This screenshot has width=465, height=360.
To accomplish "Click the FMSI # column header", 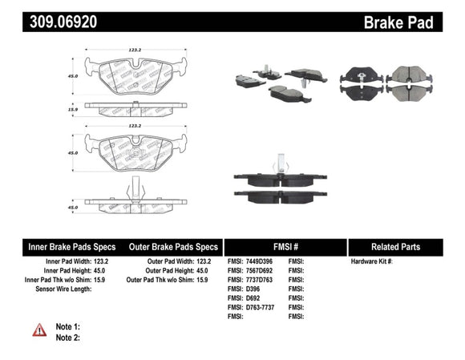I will point(285,247).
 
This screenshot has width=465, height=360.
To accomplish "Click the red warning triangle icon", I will point(39,330).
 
